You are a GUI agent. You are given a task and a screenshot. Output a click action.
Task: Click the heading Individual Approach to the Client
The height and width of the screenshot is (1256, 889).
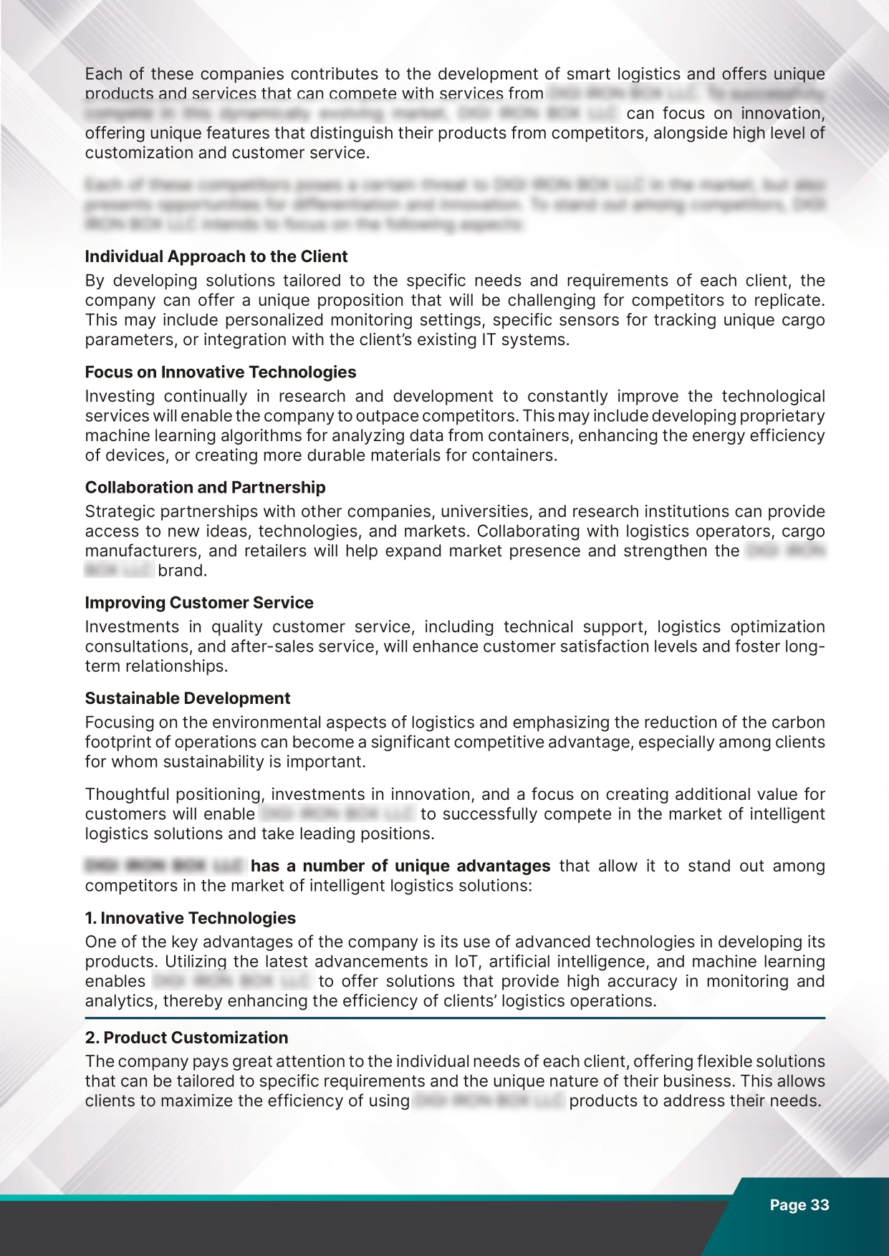point(216,256)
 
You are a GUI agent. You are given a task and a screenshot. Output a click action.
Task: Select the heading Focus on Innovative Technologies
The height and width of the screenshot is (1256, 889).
point(220,372)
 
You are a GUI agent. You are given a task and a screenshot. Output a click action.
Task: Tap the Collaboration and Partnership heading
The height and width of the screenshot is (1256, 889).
point(205,488)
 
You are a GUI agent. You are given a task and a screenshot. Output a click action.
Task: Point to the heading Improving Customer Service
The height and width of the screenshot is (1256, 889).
point(199,603)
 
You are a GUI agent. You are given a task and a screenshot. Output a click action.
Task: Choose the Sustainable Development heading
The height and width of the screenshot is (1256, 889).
point(188,698)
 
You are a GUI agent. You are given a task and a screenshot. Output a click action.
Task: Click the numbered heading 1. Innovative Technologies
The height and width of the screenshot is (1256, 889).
point(190,918)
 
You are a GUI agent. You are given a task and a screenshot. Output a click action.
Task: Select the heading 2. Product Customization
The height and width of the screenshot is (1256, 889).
point(186,1038)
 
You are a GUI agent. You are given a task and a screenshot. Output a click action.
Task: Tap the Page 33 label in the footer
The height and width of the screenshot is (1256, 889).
point(799,1205)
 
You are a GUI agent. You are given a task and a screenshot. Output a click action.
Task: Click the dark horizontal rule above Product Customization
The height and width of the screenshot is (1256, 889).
point(455,1018)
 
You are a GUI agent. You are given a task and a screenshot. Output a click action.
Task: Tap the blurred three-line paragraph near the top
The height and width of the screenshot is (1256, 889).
point(455,205)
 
